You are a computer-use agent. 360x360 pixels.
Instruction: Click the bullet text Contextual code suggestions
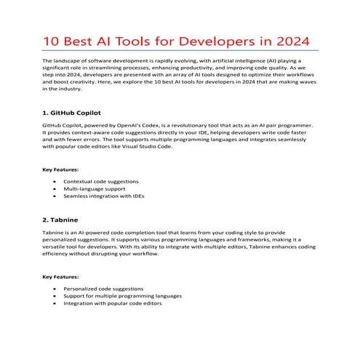(100, 181)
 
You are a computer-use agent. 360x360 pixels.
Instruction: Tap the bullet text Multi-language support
(93, 189)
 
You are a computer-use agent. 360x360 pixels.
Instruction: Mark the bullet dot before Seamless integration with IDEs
(56, 197)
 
